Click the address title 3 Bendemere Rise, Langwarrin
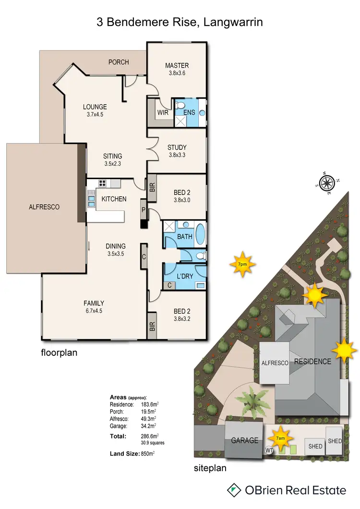tap(180, 22)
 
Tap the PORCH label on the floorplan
tap(119, 62)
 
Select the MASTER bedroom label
tap(177, 65)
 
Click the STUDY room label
tap(177, 147)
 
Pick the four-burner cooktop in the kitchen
tap(102, 182)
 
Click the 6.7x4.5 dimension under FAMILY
tap(94, 311)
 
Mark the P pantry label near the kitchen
tap(143, 210)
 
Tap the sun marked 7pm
tap(242, 264)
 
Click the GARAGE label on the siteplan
tap(244, 440)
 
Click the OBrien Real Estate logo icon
tap(234, 490)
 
